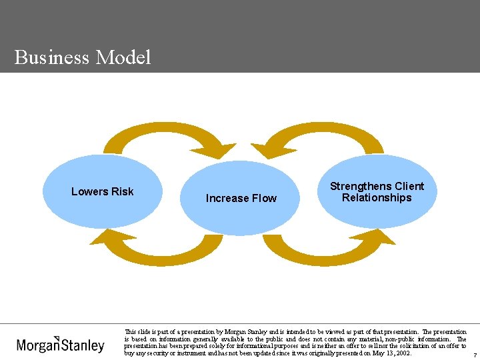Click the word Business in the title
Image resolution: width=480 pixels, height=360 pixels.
51,57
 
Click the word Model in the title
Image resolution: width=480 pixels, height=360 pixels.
123,57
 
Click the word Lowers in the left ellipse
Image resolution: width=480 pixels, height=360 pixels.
89,192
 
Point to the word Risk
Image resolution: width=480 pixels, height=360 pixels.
122,192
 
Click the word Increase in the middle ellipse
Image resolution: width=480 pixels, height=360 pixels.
227,199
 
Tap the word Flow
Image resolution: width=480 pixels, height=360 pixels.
263,199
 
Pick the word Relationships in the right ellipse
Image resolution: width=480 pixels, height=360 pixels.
377,198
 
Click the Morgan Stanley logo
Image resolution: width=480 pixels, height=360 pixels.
61,344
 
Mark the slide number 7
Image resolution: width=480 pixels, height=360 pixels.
475,355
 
